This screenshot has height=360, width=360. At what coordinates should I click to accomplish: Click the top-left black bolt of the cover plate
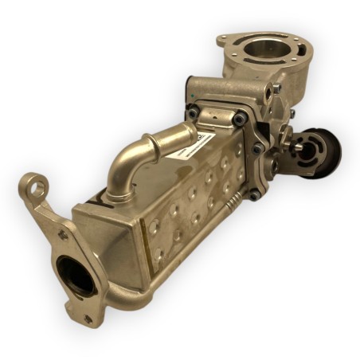192,114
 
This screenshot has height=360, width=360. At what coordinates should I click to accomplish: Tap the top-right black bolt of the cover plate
239,119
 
